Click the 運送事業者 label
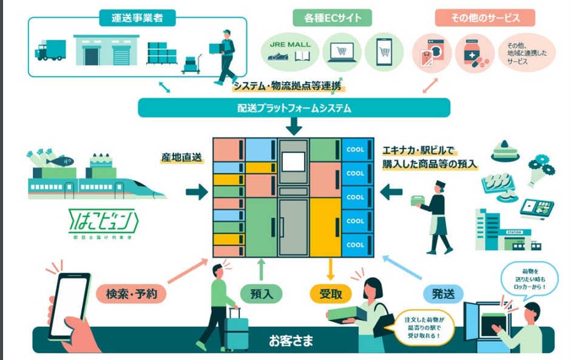[138, 18]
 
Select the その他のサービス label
[485, 18]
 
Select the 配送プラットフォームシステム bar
[294, 108]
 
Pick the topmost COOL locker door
[356, 150]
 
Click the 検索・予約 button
[131, 294]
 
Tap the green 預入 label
[262, 294]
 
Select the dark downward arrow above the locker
[294, 126]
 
